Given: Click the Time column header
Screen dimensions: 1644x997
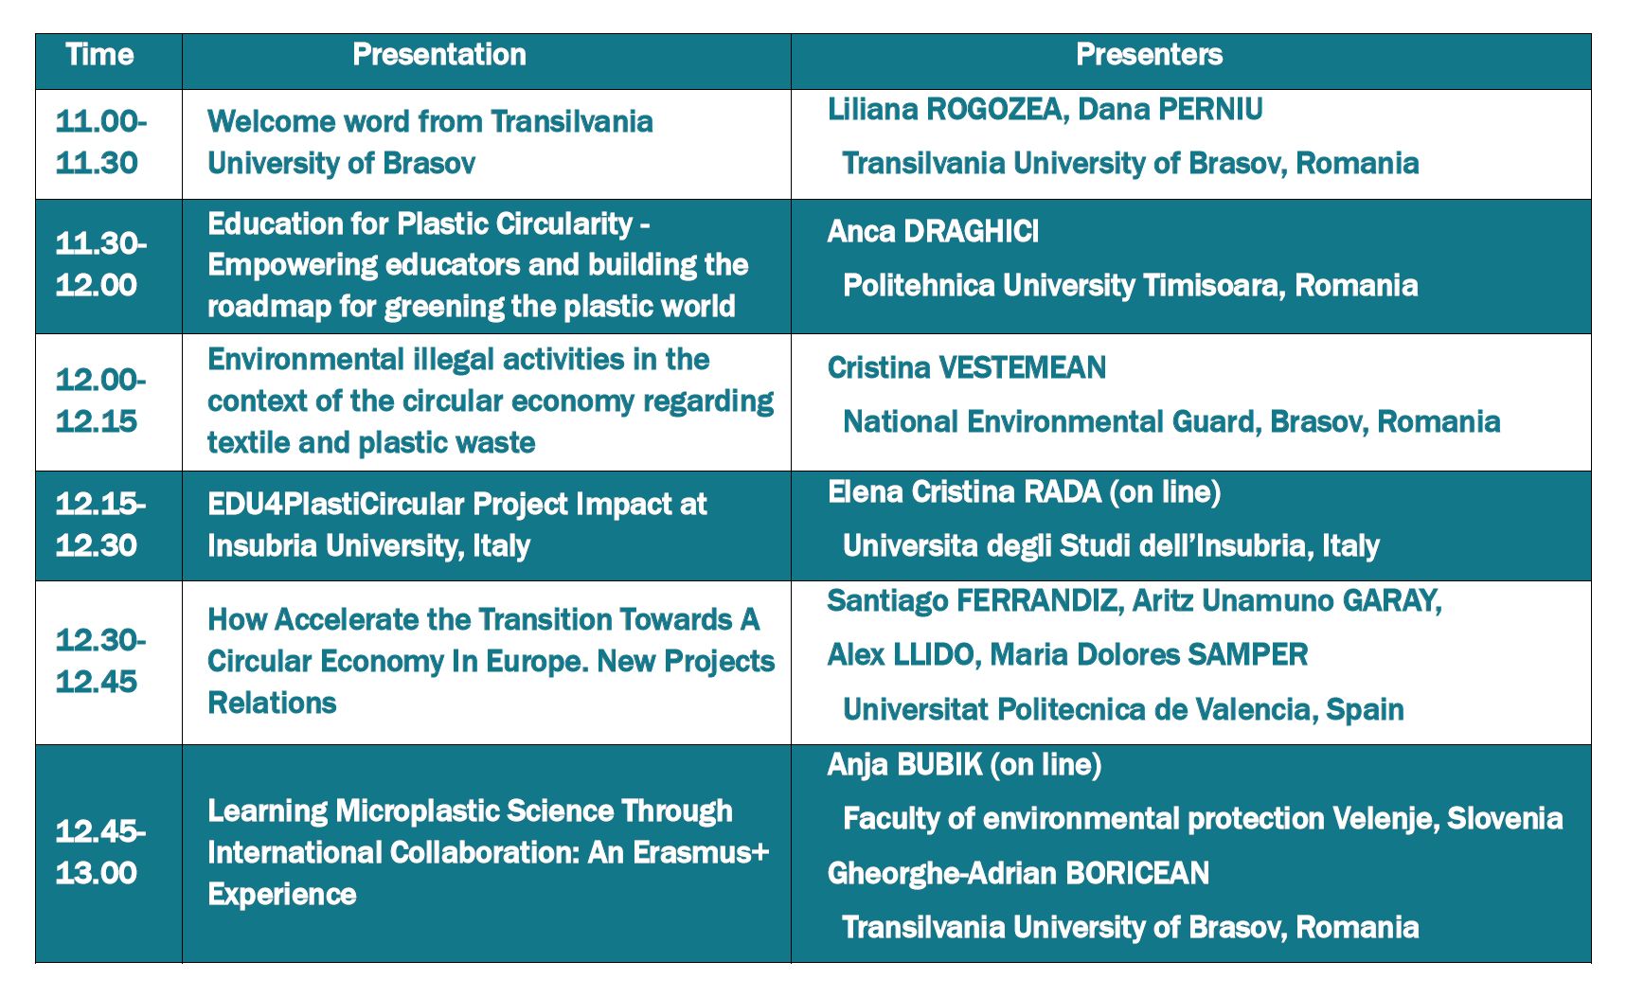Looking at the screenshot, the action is pos(100,55).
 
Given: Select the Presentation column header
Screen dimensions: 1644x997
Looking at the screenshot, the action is pos(439,55).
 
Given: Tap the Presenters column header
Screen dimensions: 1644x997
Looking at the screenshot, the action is pos(1149,55).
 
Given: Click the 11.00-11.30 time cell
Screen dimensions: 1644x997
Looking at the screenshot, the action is pos(100,142).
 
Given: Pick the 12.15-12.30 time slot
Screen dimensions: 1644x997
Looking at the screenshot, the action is pos(100,525).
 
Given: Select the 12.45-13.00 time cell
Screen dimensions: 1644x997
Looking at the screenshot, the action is pos(100,851).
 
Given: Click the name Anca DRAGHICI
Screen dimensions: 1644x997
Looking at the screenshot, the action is pos(933,231).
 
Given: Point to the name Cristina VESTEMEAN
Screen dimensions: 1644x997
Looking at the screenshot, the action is pos(967,367).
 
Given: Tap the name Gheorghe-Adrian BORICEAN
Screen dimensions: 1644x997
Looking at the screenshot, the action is pos(1018,873).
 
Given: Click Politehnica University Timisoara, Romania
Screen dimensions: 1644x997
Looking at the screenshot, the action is pos(1130,285).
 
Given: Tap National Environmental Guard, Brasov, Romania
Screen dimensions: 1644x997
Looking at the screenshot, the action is pos(1171,421).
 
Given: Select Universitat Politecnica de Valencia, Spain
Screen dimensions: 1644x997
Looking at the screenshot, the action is pos(1123,709).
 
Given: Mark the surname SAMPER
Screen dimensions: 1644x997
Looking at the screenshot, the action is pos(1247,654).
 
